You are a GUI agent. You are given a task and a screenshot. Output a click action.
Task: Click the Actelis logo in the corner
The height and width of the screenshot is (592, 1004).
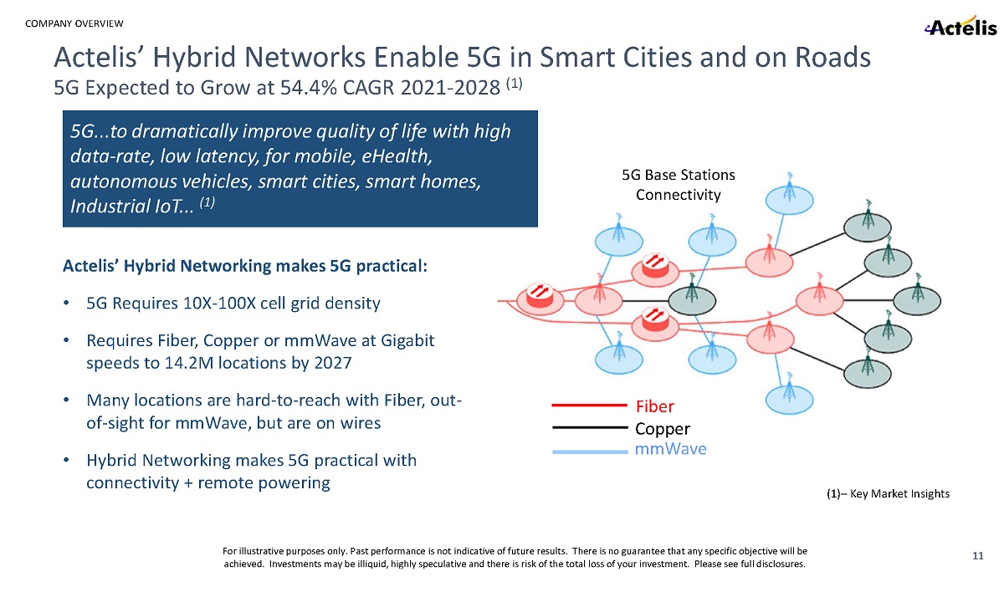960,26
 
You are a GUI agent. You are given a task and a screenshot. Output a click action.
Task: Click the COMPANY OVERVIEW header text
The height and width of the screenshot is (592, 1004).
74,23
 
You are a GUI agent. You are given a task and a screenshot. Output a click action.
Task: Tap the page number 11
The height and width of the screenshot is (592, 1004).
977,556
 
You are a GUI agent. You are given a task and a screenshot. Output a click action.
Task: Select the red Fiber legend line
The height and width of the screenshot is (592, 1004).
589,406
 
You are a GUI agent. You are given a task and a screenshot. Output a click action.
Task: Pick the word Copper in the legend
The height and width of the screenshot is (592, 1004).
663,429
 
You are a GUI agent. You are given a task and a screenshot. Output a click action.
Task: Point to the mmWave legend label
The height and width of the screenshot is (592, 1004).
670,449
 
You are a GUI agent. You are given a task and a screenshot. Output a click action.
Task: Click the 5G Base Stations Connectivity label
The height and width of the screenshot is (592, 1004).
679,185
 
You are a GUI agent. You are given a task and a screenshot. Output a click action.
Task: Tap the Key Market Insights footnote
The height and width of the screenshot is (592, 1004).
888,493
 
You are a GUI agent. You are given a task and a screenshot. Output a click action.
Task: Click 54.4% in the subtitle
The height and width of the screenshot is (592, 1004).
309,87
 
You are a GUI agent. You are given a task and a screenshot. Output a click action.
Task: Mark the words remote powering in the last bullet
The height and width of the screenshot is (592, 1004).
264,482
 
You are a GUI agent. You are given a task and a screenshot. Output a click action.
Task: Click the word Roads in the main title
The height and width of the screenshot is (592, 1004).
832,58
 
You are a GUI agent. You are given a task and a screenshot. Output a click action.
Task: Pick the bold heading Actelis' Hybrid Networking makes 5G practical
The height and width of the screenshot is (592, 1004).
245,266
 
